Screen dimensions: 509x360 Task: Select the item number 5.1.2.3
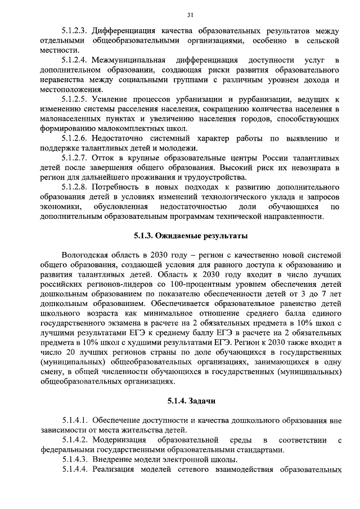pyautogui.click(x=74, y=30)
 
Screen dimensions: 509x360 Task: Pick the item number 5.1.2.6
pyautogui.click(x=74, y=138)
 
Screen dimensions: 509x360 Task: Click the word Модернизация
pyautogui.click(x=123, y=440)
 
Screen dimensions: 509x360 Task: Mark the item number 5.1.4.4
pyautogui.click(x=74, y=470)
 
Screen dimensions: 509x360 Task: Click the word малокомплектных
pyautogui.click(x=116, y=128)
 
